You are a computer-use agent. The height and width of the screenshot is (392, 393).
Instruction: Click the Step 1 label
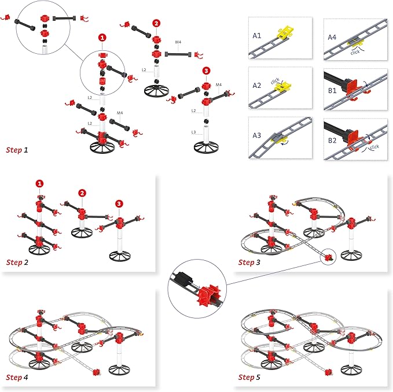tap(17, 150)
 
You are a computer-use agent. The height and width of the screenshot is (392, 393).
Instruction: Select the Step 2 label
tap(17, 262)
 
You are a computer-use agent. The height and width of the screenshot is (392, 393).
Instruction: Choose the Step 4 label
tap(17, 378)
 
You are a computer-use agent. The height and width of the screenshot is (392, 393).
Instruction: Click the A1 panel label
tap(258, 36)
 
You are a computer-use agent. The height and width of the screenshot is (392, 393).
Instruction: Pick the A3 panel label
tap(258, 138)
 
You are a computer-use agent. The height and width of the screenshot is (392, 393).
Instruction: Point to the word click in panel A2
tap(277, 81)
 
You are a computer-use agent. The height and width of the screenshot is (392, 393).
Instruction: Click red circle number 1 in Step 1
tap(102, 37)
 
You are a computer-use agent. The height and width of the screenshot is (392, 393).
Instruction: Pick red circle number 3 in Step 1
tap(207, 71)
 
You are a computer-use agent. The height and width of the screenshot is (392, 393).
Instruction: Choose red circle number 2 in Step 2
tap(82, 193)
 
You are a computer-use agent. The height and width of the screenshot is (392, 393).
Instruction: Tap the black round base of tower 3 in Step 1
tap(208, 144)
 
